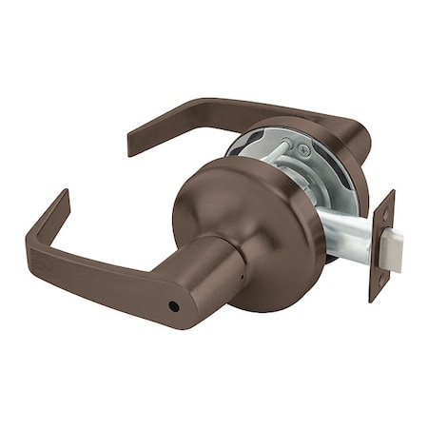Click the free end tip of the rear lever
(x=133, y=143)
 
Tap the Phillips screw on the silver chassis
(x=302, y=149)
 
